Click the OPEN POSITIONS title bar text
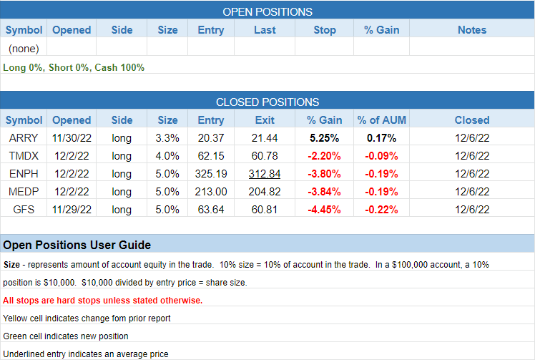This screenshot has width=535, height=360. point(267,12)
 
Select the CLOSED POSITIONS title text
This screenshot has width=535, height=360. point(267,102)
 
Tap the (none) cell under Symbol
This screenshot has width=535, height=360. point(24,49)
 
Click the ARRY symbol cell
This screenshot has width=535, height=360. point(24,138)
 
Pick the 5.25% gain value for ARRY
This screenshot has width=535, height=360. point(324,138)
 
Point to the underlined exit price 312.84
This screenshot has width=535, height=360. point(265,173)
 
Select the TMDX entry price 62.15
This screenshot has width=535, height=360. point(211,155)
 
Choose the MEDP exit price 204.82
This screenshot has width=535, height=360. point(265,191)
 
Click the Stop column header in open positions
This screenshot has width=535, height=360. point(325,30)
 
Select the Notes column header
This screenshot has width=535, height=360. point(472,30)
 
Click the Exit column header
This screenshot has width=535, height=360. point(265,120)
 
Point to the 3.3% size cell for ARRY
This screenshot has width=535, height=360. point(167,138)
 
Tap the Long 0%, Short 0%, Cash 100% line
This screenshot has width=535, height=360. point(74,67)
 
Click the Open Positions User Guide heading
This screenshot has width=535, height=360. point(77,245)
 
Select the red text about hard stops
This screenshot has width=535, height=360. point(102,300)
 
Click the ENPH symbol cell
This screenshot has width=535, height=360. point(24,173)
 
